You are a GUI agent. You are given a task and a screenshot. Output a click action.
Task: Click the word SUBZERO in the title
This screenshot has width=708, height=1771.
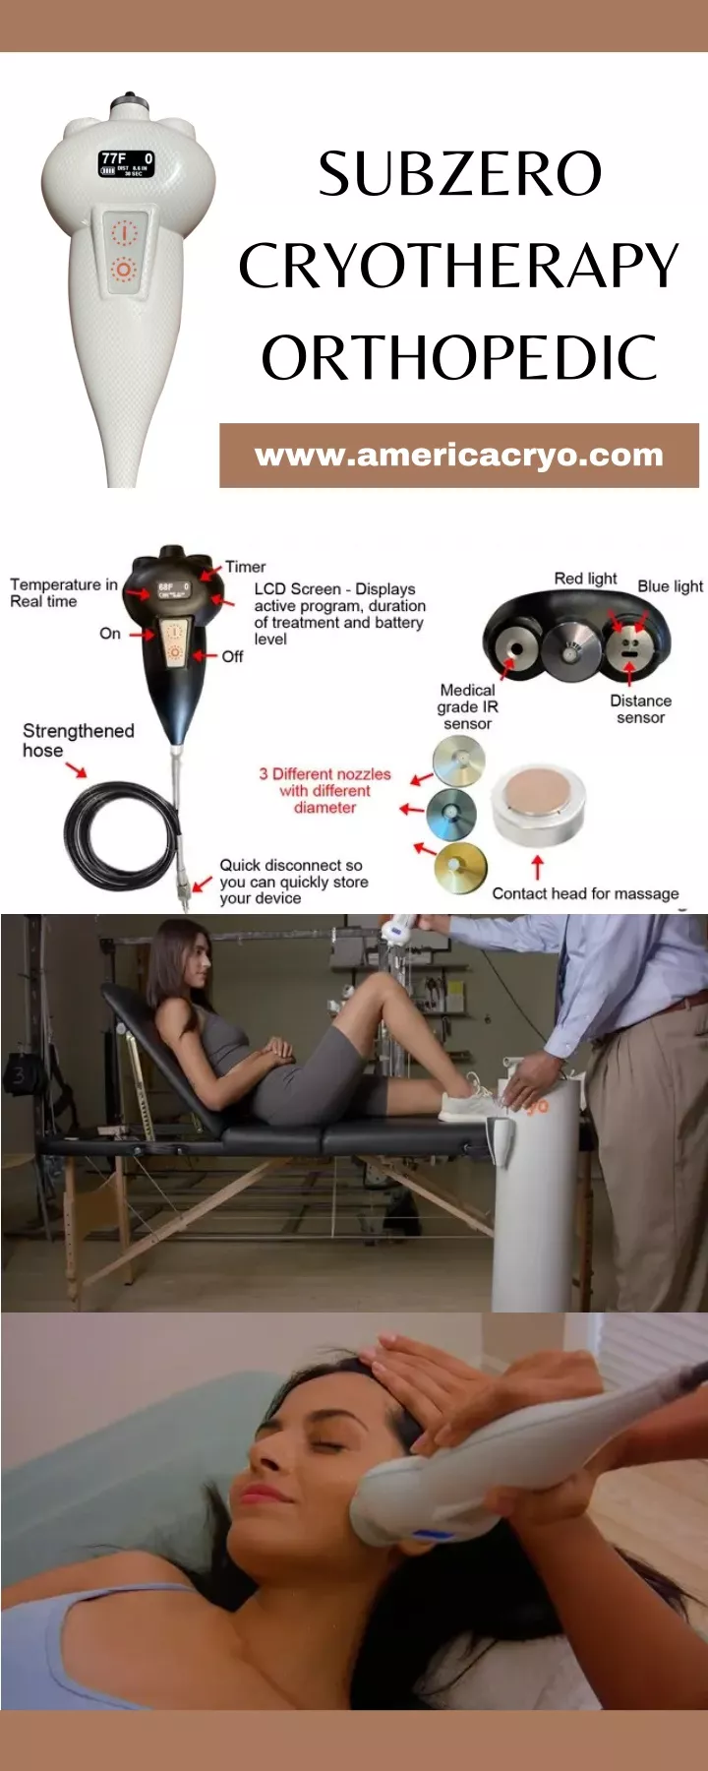[x=459, y=175]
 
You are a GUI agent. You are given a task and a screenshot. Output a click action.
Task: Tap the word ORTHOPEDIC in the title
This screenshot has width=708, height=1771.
[x=459, y=358]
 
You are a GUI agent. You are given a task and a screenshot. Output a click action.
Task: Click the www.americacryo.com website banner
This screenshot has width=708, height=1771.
[x=458, y=456]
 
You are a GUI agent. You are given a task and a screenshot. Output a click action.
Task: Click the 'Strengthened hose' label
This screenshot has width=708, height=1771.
[x=78, y=740]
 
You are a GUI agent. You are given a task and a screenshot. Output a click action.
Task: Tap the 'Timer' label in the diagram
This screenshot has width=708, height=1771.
[x=245, y=567]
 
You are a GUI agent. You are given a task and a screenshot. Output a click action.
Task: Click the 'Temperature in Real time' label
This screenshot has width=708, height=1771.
[x=62, y=592]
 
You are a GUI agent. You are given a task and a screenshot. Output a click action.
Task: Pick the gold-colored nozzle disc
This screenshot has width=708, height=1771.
[x=459, y=868]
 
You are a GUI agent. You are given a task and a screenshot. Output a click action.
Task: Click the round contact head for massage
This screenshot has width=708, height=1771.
[x=538, y=804]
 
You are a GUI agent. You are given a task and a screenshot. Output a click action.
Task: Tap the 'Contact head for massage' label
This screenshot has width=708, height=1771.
[x=585, y=893]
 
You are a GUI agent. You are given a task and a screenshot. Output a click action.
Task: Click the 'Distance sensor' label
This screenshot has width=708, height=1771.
[x=640, y=709]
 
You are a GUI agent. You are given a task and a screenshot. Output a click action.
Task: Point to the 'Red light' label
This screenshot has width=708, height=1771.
[x=585, y=579]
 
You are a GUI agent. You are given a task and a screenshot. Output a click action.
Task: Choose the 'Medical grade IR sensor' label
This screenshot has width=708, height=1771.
[x=467, y=706]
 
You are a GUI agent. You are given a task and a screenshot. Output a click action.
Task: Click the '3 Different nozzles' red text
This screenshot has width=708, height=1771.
[x=324, y=790]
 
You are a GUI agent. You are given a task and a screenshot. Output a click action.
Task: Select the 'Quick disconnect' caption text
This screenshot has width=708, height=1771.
[x=292, y=882]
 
